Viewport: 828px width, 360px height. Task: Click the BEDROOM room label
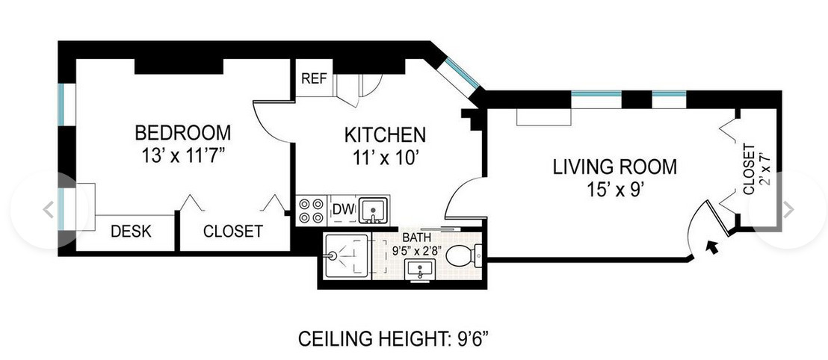tap(182, 133)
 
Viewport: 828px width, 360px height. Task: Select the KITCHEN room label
tap(385, 135)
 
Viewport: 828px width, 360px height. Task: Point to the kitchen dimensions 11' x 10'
tap(385, 158)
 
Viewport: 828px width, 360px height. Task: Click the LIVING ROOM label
tap(614, 167)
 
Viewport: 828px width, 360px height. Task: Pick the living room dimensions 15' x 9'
tap(614, 189)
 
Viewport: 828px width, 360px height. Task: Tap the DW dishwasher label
tap(342, 209)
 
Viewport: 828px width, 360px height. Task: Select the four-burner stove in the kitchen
tap(312, 211)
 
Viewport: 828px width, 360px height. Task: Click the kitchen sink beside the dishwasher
tap(371, 211)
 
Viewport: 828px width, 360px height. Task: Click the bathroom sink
tap(421, 271)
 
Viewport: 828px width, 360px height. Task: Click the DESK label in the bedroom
tap(131, 232)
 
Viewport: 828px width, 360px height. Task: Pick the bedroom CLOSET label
tap(232, 232)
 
